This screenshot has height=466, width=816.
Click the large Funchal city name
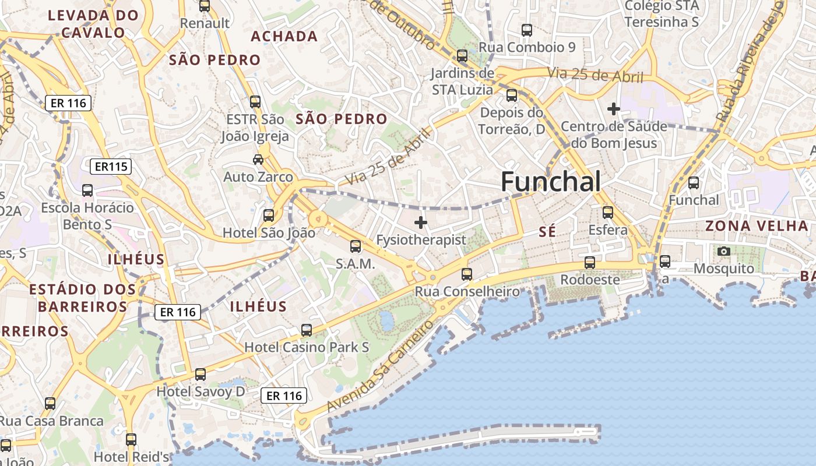click(551, 182)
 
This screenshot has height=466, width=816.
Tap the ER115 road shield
click(111, 167)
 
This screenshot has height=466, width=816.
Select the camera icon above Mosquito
click(724, 251)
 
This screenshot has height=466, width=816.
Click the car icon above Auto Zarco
click(258, 159)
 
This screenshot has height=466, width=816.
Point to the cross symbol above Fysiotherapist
click(421, 223)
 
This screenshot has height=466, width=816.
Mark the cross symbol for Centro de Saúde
click(613, 109)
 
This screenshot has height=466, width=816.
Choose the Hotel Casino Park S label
click(307, 347)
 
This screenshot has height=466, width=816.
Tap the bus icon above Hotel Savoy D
click(201, 374)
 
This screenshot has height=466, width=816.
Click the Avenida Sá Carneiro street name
click(381, 365)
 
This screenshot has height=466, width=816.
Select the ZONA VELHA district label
click(757, 226)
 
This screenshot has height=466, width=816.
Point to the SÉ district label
click(547, 232)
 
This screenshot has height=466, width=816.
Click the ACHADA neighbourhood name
click(284, 37)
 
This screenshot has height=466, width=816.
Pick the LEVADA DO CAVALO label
click(93, 24)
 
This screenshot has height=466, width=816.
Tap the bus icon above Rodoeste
click(590, 263)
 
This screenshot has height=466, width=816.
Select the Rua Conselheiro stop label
click(467, 291)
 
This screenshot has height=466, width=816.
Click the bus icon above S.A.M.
click(356, 246)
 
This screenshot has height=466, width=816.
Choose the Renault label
click(205, 23)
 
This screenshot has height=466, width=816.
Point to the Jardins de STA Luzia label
click(463, 82)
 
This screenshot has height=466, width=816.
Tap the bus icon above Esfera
click(608, 213)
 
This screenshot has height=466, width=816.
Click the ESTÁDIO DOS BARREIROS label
click(78, 298)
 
